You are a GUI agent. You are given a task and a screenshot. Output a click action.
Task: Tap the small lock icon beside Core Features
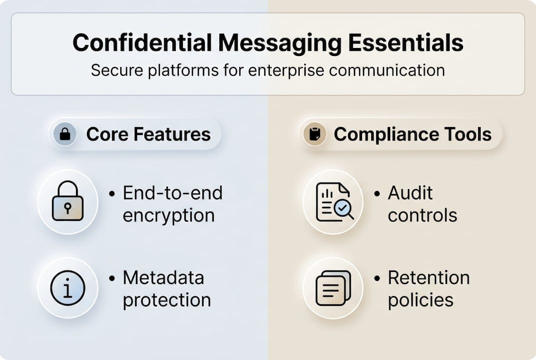[x=65, y=134]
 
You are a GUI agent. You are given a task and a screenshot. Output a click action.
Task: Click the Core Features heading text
[x=148, y=134]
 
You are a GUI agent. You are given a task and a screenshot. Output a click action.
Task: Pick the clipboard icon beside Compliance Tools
[x=315, y=134]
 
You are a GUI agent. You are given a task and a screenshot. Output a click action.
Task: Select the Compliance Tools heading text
[x=413, y=134]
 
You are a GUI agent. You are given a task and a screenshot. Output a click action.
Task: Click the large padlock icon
[x=67, y=202]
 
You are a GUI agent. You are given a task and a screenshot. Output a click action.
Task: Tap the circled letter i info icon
[x=67, y=288]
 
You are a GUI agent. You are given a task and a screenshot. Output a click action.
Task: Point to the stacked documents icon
[x=333, y=288]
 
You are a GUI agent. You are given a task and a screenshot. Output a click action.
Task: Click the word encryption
[x=168, y=215]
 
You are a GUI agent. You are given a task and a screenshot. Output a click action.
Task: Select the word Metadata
[x=163, y=277]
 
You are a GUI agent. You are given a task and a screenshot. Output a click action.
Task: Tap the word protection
[x=166, y=300]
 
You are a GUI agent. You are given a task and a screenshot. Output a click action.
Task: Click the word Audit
[x=410, y=193]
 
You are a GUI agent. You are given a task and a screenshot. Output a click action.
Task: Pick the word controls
[x=422, y=215]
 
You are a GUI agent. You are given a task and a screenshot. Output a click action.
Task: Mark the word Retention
[x=429, y=277]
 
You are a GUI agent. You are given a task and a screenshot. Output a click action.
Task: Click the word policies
[x=421, y=300]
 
